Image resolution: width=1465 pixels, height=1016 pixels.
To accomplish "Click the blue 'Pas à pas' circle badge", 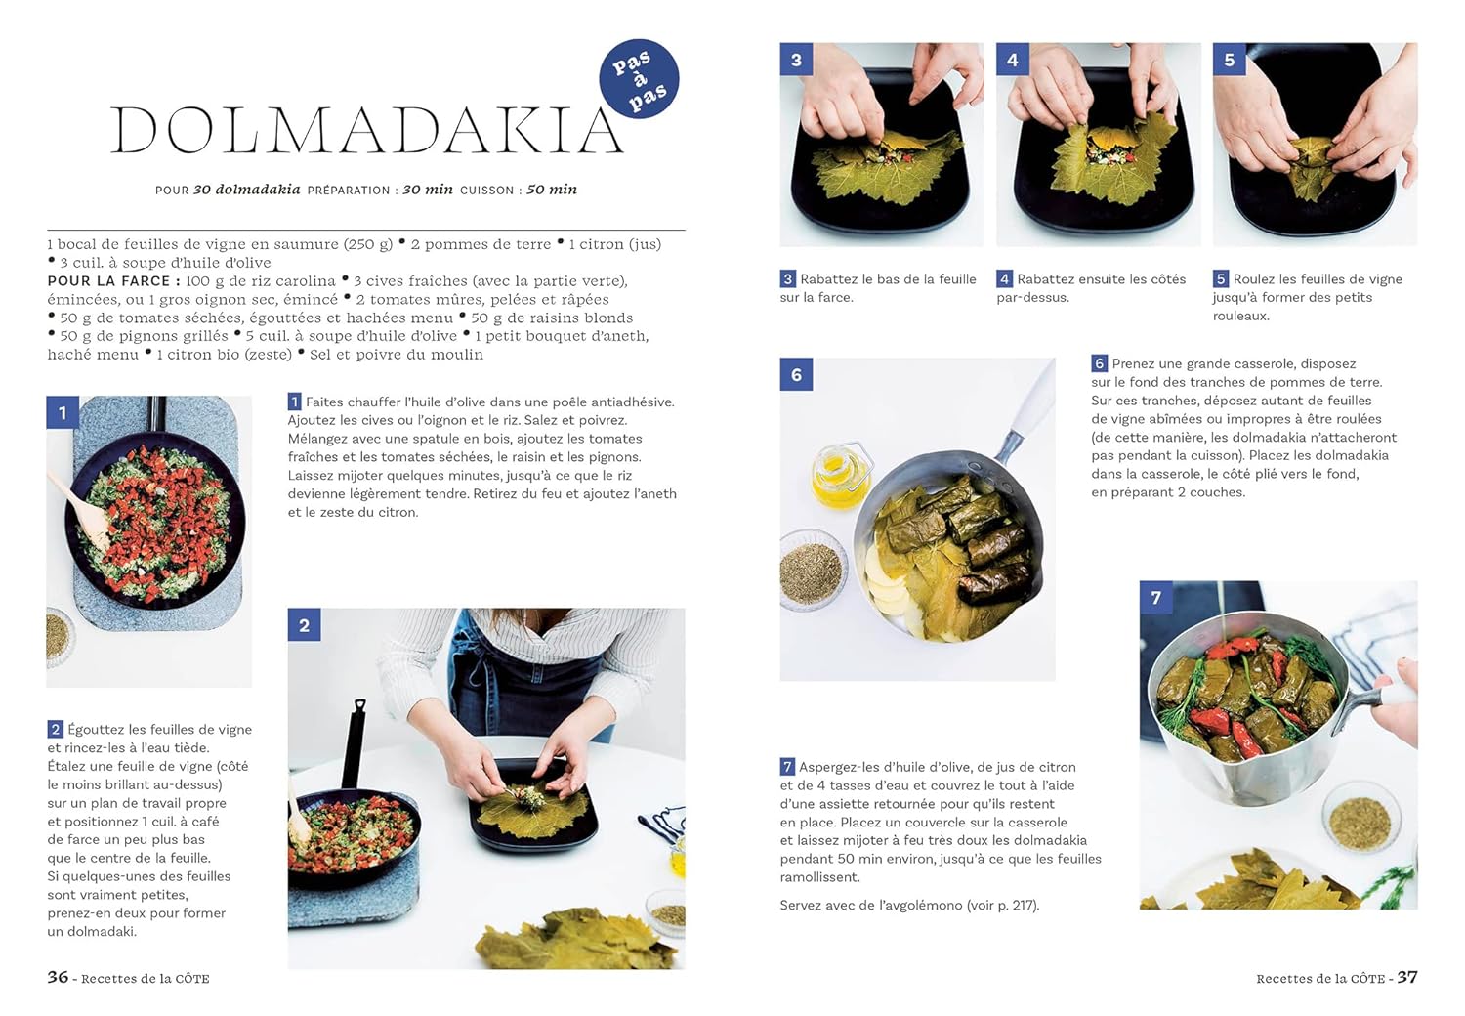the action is pyautogui.click(x=639, y=78).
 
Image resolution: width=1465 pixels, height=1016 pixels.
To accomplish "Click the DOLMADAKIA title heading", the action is pyautogui.click(x=367, y=131).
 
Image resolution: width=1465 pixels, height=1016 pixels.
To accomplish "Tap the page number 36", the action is pyautogui.click(x=58, y=977).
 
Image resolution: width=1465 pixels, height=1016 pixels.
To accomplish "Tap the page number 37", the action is pyautogui.click(x=1406, y=977).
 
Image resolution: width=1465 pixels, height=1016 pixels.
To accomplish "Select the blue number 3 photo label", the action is pyautogui.click(x=796, y=60).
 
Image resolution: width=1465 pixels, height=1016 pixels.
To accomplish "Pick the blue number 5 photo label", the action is pyautogui.click(x=1229, y=60).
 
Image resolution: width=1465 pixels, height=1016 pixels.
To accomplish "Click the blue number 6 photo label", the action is pyautogui.click(x=796, y=374).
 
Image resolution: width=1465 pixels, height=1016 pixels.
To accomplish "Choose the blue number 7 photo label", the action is pyautogui.click(x=1155, y=597).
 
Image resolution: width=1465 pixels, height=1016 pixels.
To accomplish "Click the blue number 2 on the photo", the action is pyautogui.click(x=304, y=625).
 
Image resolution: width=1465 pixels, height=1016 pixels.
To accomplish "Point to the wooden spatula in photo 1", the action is pyautogui.click(x=82, y=510).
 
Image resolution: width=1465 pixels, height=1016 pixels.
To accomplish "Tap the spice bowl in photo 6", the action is pyautogui.click(x=812, y=571).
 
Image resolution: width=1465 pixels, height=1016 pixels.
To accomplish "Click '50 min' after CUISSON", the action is pyautogui.click(x=552, y=190).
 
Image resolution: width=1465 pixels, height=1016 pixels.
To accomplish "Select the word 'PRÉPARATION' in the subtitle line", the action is pyautogui.click(x=349, y=190).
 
